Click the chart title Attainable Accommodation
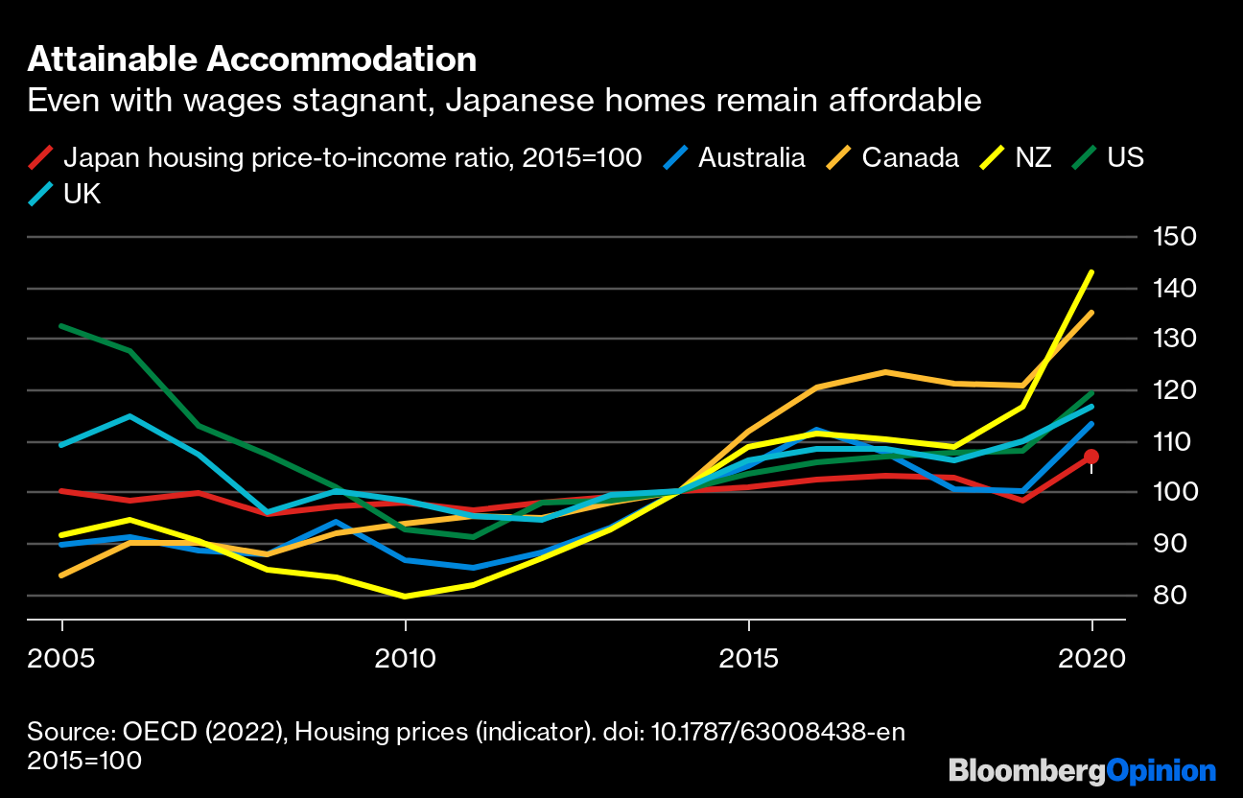(x=251, y=59)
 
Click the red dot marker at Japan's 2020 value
(x=1091, y=457)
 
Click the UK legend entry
(x=81, y=195)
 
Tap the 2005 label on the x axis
(x=62, y=658)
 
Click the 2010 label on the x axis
(x=406, y=658)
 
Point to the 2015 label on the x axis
(x=748, y=658)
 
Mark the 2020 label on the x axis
(x=1091, y=658)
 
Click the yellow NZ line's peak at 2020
(x=1091, y=272)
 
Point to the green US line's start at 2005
(x=62, y=326)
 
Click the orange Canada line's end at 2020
(x=1091, y=313)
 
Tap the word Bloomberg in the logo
(x=1027, y=771)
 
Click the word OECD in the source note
(x=155, y=732)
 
